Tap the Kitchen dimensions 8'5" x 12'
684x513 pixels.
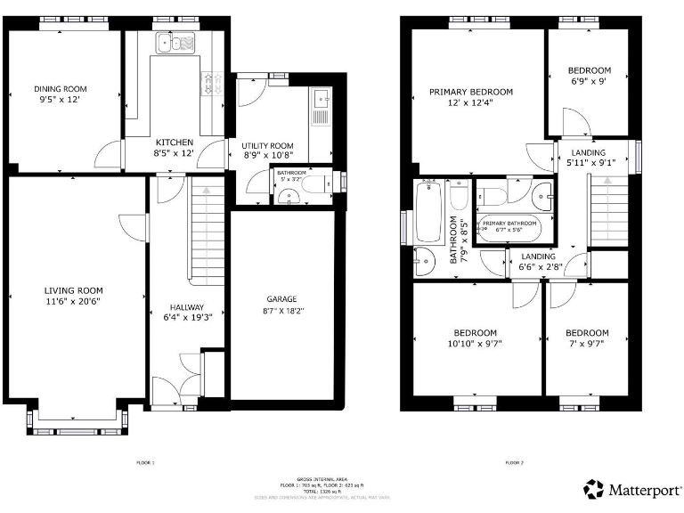[x=175, y=153]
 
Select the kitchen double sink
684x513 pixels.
[x=175, y=43]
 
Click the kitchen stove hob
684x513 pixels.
[x=211, y=83]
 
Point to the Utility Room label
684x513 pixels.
[x=267, y=145]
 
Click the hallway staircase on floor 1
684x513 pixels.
[x=206, y=232]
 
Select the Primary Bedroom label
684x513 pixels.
[x=471, y=92]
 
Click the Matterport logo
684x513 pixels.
[x=630, y=489]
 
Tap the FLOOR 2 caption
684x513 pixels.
[x=514, y=463]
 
